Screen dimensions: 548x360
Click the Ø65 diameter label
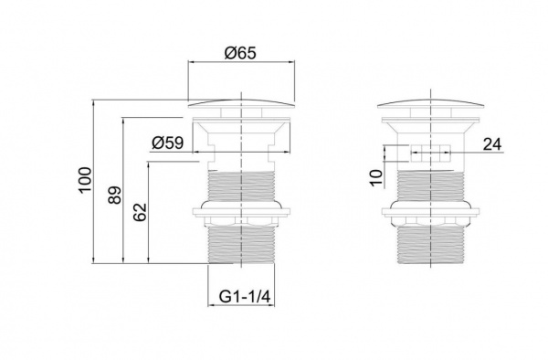240,53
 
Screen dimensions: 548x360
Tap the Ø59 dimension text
168,143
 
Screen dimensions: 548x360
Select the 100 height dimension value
85,180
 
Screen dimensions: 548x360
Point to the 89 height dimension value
115,195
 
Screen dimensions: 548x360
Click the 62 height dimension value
140,212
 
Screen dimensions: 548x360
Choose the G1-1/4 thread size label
245,297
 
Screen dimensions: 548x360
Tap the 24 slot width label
492,144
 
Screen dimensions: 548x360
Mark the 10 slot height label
376,178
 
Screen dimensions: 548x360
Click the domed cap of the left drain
241,103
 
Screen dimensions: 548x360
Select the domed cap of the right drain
430,103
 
